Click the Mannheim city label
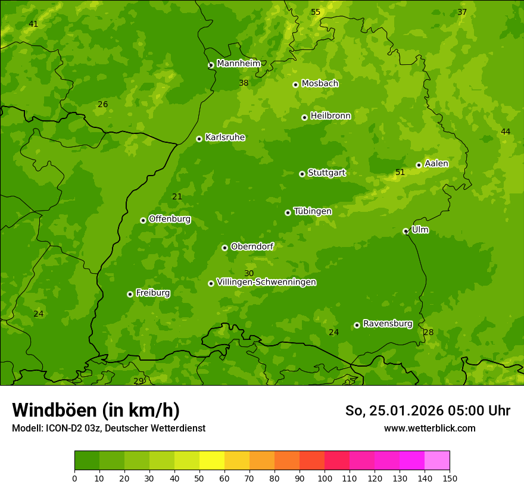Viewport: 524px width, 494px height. tap(238, 63)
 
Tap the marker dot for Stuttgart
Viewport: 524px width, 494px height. tap(302, 174)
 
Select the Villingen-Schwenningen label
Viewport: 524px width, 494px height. tap(266, 282)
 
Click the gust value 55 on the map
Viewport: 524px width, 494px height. tap(316, 12)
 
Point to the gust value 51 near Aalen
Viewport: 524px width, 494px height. tap(400, 173)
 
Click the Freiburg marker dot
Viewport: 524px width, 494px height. tap(130, 294)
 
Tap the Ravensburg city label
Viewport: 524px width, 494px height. tap(388, 324)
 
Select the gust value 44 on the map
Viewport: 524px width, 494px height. tap(506, 132)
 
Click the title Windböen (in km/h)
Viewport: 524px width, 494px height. tap(96, 410)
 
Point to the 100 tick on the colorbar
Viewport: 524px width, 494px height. tap(325, 478)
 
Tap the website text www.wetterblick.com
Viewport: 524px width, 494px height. tap(429, 428)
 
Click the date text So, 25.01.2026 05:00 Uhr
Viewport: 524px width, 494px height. tap(428, 411)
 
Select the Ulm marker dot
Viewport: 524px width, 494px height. tap(406, 231)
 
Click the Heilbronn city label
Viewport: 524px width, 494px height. tap(330, 116)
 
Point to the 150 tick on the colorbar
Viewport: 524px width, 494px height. tap(450, 478)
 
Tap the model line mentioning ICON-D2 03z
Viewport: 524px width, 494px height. tap(108, 428)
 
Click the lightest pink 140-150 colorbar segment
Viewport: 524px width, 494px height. tap(437, 461)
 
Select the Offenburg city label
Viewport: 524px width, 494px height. tap(170, 219)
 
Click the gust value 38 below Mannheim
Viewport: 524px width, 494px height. tap(244, 83)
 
